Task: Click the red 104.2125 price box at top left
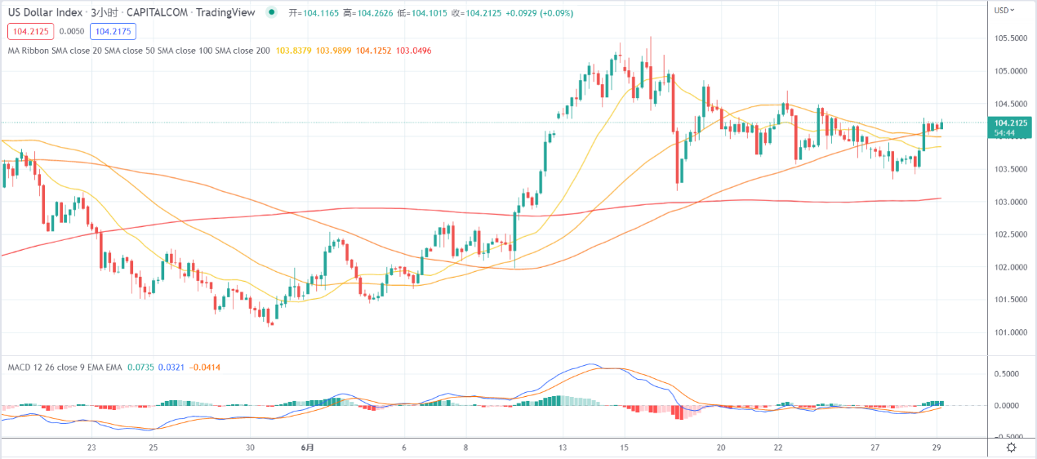tap(30, 32)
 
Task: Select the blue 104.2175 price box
tap(113, 32)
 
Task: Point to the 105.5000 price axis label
tap(1009, 38)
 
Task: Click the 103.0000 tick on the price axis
tap(1009, 202)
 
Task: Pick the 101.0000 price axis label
tap(1009, 332)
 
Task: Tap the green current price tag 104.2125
tap(1009, 123)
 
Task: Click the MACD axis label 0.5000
tap(1009, 373)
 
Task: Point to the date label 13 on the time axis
tap(563, 448)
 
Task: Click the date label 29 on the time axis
tap(938, 448)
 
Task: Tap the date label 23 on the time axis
tap(91, 448)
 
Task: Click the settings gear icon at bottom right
tap(1011, 447)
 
